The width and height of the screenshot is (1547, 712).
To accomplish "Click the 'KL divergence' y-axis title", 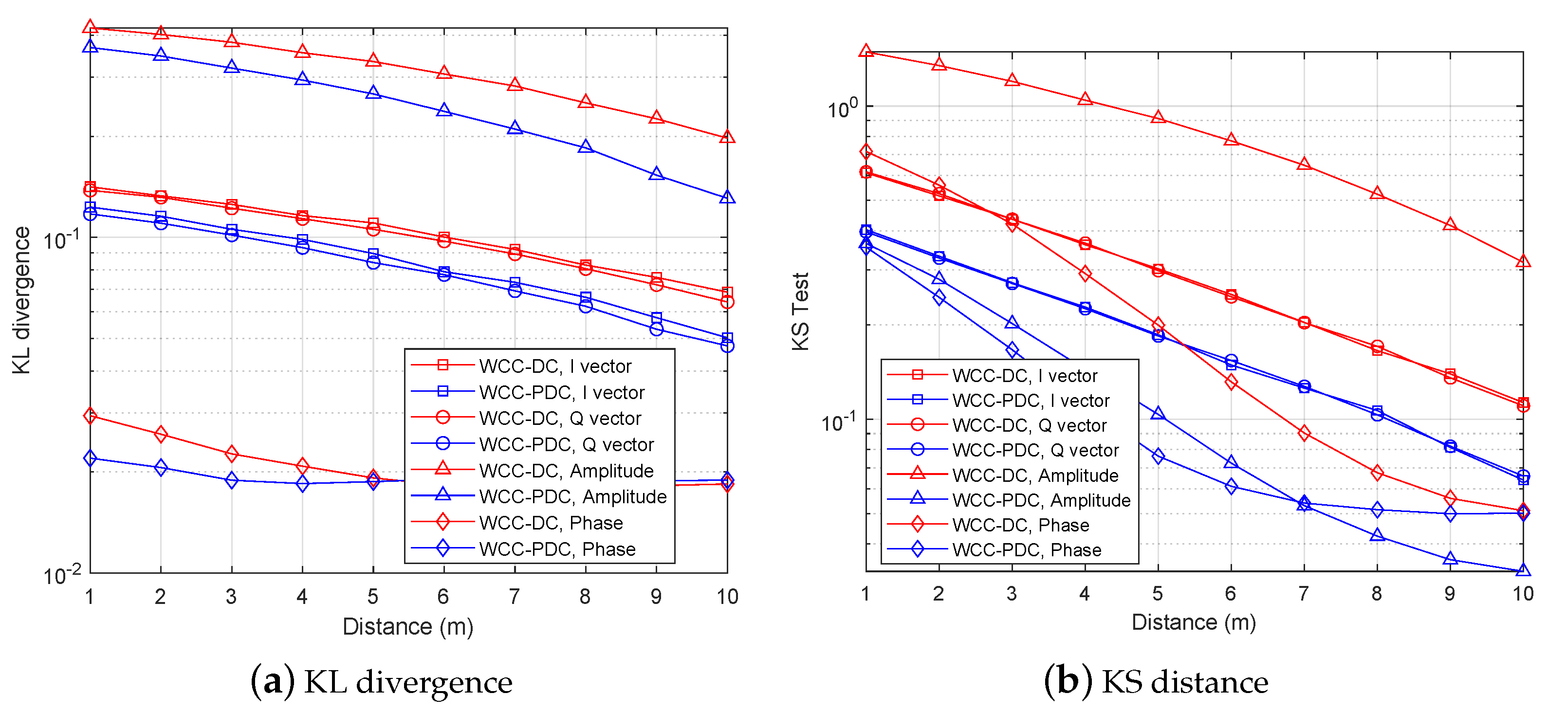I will tap(21, 300).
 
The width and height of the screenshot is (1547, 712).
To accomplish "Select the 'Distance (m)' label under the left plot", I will tap(408, 627).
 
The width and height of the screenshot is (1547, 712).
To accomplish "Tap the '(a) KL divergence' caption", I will tap(382, 682).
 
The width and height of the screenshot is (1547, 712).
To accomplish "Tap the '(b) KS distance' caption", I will tap(1156, 682).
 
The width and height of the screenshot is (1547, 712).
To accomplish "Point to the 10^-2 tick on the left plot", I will tap(62, 575).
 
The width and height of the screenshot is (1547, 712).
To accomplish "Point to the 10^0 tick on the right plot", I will tap(842, 109).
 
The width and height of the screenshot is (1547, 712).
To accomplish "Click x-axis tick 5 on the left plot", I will tap(373, 597).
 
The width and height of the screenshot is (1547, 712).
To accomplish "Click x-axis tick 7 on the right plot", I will tap(1303, 594).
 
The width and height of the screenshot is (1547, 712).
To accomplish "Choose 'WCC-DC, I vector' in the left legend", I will tap(555, 366).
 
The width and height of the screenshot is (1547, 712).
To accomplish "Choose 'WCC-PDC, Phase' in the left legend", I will tap(557, 548).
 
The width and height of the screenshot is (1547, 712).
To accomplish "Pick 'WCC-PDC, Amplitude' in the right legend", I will tap(1041, 500).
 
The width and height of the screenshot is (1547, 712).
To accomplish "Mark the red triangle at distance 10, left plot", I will tap(727, 137).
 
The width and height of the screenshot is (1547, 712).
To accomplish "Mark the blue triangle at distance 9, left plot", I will tap(656, 174).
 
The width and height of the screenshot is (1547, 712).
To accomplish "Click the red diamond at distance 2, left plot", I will tap(160, 434).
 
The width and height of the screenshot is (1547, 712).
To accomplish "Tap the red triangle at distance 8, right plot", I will tap(1377, 193).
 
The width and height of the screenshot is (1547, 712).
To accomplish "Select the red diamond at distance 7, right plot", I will tap(1304, 433).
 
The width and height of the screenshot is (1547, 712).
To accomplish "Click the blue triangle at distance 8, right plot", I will tap(1377, 535).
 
